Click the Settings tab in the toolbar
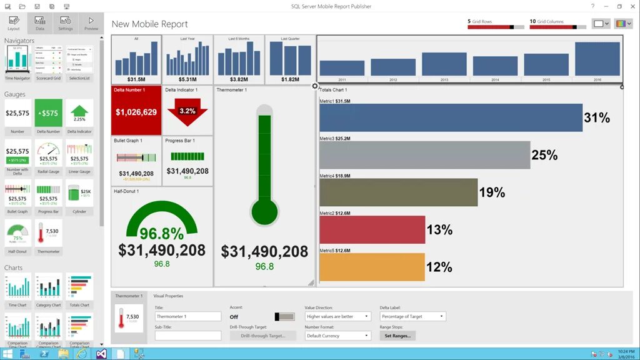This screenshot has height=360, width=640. (65, 23)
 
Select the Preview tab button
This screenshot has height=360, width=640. (91, 23)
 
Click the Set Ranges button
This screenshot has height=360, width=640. (397, 336)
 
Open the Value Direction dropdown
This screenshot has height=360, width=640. (338, 316)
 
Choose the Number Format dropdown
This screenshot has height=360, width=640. (338, 336)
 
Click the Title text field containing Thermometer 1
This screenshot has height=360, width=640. (187, 316)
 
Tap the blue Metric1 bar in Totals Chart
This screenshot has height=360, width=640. (450, 117)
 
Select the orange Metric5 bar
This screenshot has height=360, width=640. (372, 267)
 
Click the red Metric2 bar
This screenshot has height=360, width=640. (372, 229)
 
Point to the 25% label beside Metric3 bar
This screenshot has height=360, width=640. (544, 155)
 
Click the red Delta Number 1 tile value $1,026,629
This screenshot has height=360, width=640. (136, 112)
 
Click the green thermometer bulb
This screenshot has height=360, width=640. (264, 212)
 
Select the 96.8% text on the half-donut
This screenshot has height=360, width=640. (161, 234)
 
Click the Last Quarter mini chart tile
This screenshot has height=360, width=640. (290, 60)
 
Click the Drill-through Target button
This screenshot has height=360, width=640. (257, 336)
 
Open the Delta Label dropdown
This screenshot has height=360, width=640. (412, 316)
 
